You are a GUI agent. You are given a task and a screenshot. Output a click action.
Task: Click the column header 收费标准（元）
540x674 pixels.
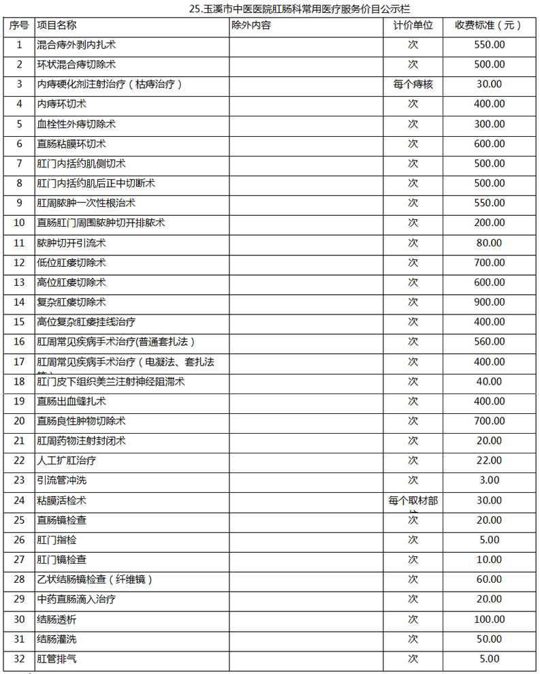click(489, 25)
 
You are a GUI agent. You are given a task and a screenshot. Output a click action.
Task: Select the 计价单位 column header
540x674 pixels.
click(413, 25)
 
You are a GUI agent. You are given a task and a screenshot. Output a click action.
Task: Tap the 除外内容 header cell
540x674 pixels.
click(251, 25)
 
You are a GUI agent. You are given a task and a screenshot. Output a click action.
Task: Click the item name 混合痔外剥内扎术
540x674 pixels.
click(76, 45)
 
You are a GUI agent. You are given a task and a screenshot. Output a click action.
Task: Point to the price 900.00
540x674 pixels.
click(489, 302)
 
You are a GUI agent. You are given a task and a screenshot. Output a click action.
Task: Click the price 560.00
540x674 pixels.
click(489, 342)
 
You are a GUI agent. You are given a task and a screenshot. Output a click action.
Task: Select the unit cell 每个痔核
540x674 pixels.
click(413, 84)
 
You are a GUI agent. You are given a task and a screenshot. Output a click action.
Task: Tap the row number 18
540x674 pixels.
click(19, 381)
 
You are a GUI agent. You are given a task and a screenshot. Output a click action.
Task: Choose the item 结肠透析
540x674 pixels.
click(57, 620)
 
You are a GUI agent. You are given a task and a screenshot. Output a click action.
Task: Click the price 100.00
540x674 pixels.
click(489, 620)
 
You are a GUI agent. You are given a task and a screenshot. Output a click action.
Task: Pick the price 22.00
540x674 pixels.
click(489, 461)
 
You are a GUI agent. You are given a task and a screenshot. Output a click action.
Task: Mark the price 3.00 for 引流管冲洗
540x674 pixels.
click(489, 481)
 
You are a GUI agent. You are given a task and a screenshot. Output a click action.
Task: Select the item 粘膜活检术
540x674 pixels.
click(61, 500)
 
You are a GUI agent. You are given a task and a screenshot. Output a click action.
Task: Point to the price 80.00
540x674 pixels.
click(489, 243)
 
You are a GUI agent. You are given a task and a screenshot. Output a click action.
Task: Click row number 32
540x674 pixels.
click(19, 659)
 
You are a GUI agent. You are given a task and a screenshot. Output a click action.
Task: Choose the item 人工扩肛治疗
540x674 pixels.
click(66, 461)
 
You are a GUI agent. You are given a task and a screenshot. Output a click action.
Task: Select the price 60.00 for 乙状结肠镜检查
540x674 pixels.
click(489, 579)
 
